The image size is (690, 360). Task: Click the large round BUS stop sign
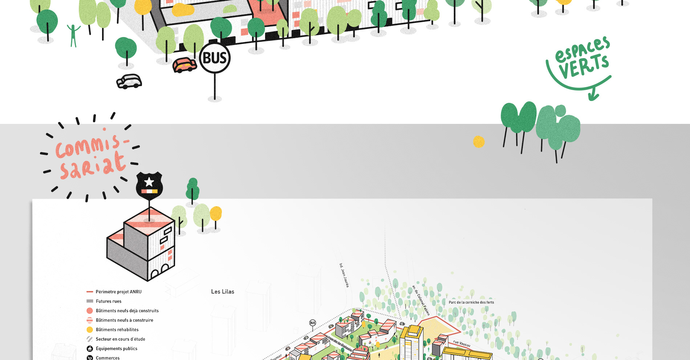[215, 58]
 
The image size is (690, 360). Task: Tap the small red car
[184, 65]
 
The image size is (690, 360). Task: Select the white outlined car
[129, 81]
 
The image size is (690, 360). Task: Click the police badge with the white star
[149, 185]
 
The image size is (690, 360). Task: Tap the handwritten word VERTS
[584, 66]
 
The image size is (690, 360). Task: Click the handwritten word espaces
[583, 50]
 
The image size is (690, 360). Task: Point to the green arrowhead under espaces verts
[593, 96]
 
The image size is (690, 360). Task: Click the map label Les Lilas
[223, 292]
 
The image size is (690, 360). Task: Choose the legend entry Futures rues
[109, 301]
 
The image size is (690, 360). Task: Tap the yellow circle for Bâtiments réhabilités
[90, 330]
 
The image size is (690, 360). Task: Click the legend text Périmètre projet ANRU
[118, 292]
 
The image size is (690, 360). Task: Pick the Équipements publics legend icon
[90, 349]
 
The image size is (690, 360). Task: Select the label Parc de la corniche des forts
[471, 302]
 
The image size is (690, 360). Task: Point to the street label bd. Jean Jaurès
[344, 275]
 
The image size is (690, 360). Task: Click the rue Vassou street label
[462, 343]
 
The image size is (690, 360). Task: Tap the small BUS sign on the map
[312, 323]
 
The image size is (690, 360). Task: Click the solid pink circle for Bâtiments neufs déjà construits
[90, 311]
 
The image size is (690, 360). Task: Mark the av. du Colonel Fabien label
[421, 300]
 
